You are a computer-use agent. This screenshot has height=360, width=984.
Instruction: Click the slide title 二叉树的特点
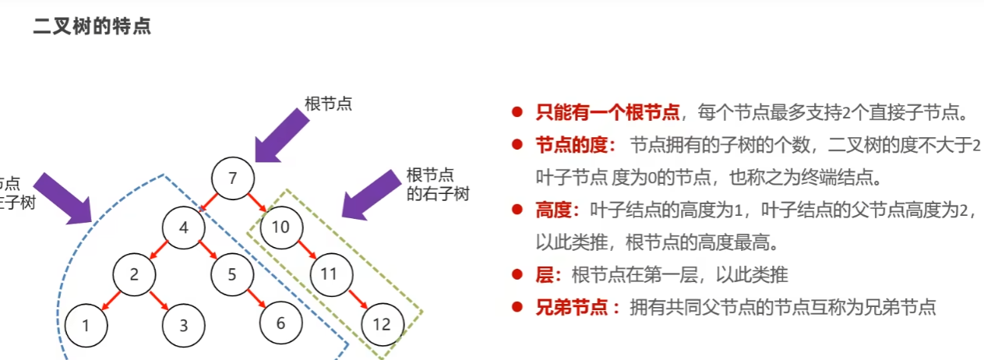click(x=92, y=26)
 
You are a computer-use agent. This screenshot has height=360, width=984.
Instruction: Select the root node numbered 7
click(x=232, y=178)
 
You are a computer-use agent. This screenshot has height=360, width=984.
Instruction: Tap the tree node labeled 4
click(x=184, y=228)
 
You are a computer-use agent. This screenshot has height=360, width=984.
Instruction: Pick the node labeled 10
click(x=280, y=228)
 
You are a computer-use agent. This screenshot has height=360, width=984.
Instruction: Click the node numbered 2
click(x=134, y=274)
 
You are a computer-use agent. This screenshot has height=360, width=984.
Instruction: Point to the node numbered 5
click(x=232, y=274)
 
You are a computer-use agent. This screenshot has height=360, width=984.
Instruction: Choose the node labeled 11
click(x=329, y=274)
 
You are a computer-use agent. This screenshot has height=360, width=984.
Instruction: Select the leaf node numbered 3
click(x=184, y=326)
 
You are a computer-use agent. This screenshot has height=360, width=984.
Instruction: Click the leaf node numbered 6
click(x=280, y=323)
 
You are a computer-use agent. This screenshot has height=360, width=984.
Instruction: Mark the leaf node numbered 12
click(x=381, y=324)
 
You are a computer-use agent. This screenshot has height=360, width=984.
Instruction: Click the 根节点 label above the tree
click(x=328, y=104)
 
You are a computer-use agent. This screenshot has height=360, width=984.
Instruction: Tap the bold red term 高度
click(x=555, y=209)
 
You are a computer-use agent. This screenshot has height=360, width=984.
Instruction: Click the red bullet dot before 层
click(x=517, y=274)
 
